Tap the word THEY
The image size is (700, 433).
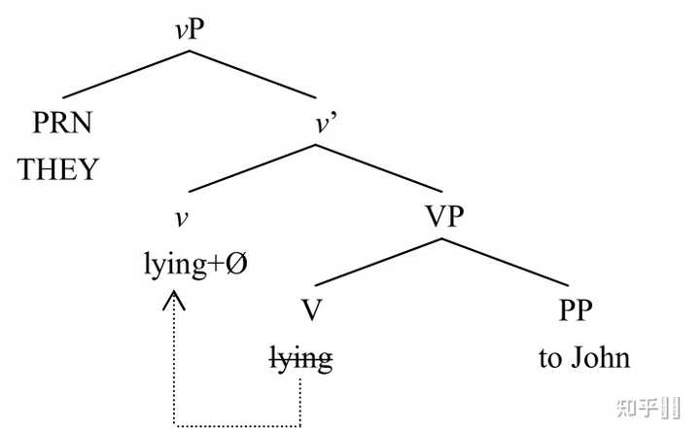pos(59,169)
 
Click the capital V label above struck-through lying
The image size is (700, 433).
pos(310,312)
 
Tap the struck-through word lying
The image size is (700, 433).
pos(300,359)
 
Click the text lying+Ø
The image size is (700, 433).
pos(194,265)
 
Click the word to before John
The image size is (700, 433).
pos(550,358)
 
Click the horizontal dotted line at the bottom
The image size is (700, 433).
pos(238,425)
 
